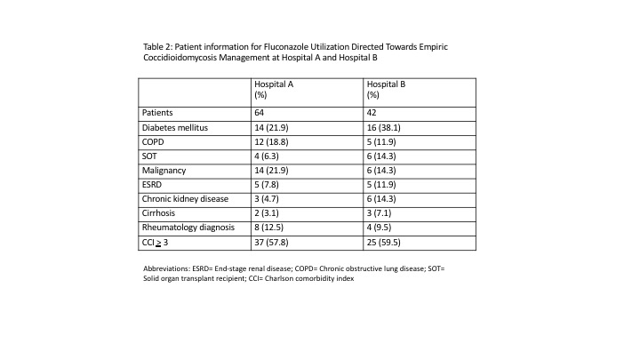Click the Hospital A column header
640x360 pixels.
pyautogui.click(x=275, y=88)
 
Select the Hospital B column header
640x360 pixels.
pyautogui.click(x=387, y=88)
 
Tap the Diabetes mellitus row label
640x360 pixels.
pyautogui.click(x=175, y=128)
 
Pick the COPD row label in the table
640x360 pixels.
pyautogui.click(x=155, y=142)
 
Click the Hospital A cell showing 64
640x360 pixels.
pyautogui.click(x=260, y=114)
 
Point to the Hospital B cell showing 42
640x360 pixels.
pyautogui.click(x=372, y=114)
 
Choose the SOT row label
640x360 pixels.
pyautogui.click(x=150, y=156)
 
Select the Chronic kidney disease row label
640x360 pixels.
pyautogui.click(x=184, y=199)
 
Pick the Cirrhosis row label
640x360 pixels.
pyautogui.click(x=162, y=213)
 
